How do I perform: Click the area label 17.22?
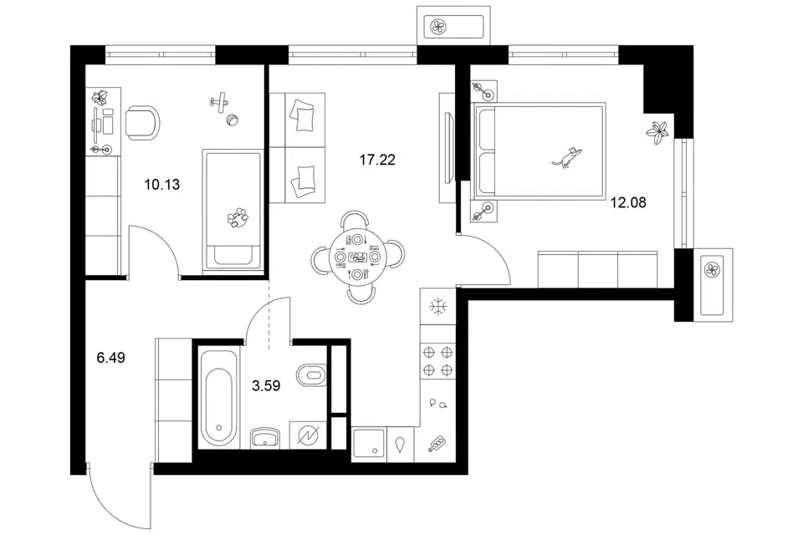377,160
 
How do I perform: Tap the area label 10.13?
161,184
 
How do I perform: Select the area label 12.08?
628,203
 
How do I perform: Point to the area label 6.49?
110,357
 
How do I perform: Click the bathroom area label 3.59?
266,385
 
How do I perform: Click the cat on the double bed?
567,156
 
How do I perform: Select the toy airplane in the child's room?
219,102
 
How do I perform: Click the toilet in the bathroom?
311,374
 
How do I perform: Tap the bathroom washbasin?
265,438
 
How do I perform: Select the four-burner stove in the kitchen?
437,360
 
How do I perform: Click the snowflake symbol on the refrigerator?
438,307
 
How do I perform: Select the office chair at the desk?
142,122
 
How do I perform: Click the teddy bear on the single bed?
237,217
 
